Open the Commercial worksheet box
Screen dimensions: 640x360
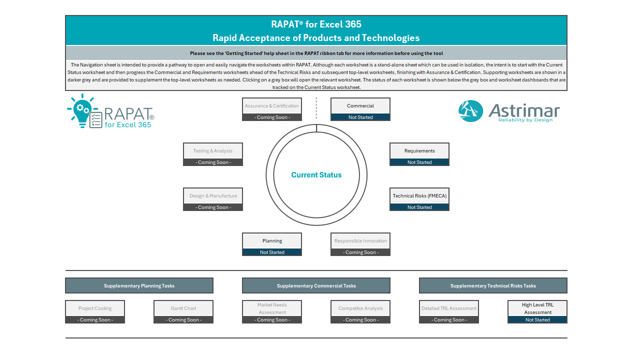[360, 109]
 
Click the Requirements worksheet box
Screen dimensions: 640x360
[419, 154]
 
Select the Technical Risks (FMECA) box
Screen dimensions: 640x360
[419, 199]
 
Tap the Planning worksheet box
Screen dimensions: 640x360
[272, 244]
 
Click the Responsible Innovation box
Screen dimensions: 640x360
[360, 244]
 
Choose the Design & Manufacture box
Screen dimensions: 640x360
[213, 199]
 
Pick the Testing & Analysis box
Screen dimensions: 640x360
[213, 154]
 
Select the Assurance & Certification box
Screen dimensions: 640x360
[272, 109]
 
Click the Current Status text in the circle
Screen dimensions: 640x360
[316, 175]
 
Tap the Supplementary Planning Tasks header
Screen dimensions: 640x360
[139, 285]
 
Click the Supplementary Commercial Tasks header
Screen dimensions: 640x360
[316, 285]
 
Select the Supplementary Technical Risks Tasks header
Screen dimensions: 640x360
[493, 285]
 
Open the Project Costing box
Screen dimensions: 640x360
[95, 311]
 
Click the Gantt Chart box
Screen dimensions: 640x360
[183, 311]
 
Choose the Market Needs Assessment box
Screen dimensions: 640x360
[272, 311]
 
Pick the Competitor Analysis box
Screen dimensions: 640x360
[360, 311]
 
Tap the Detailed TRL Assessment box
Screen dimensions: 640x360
[449, 311]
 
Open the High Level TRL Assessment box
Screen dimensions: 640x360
[537, 311]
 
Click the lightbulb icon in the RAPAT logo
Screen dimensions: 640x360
[82, 111]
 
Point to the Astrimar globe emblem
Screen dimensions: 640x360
[470, 111]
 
